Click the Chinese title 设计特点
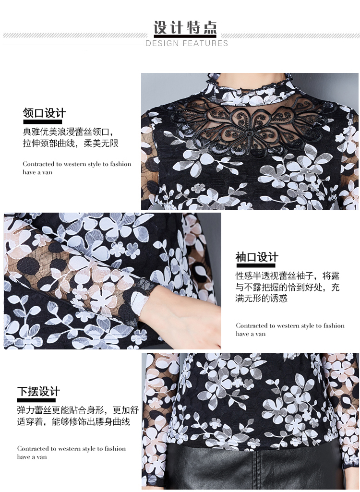click(185, 27)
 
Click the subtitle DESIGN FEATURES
click(187, 43)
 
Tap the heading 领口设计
click(44, 113)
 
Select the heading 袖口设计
click(257, 257)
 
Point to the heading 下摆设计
click(38, 392)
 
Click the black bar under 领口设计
click(42, 122)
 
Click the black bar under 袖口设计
click(255, 265)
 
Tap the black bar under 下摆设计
click(36, 400)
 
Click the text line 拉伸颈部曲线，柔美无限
click(71, 144)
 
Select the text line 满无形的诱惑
click(262, 298)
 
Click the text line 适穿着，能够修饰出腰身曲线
click(73, 421)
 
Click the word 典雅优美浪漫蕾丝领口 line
click(68, 132)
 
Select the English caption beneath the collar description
click(77, 168)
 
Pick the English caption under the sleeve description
click(290, 329)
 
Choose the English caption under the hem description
click(71, 453)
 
